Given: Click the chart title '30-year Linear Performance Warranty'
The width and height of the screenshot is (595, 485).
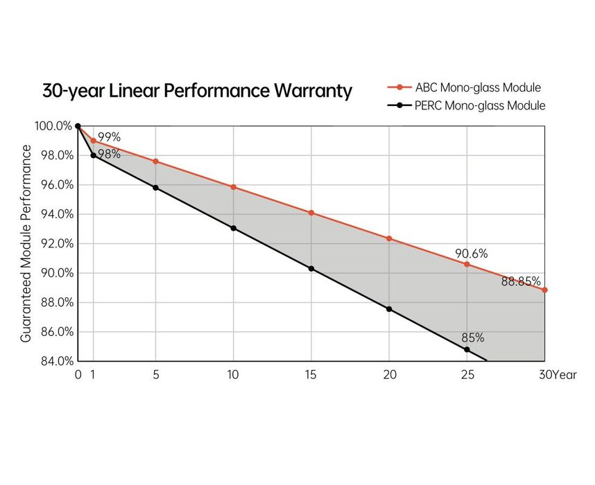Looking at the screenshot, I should [x=197, y=91].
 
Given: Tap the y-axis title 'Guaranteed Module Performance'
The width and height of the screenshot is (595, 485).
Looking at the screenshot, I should [x=26, y=243].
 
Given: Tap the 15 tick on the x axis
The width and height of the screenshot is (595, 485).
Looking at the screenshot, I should [x=311, y=375].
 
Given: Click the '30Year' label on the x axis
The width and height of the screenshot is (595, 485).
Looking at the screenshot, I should [x=557, y=375].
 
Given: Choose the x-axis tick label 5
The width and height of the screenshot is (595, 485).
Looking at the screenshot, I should [x=155, y=375].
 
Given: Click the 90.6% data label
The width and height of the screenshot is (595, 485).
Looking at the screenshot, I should [x=471, y=254].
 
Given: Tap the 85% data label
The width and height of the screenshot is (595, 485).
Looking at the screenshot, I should [x=472, y=338].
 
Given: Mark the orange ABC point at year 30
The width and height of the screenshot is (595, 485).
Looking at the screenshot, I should [x=545, y=290].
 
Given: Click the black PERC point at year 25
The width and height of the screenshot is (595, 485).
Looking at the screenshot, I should [x=467, y=349].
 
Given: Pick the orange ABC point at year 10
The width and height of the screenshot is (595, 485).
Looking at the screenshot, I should [x=233, y=187].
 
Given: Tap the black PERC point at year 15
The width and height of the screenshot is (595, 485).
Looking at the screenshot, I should [x=311, y=268].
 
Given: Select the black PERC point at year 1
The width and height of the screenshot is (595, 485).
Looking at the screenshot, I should [x=93, y=155].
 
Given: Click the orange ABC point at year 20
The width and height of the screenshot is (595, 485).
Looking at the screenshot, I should [x=389, y=238].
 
